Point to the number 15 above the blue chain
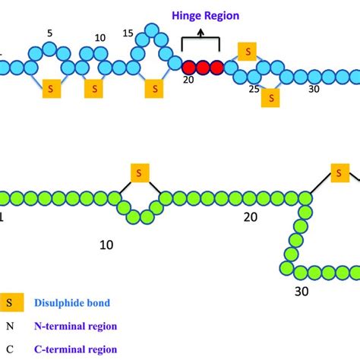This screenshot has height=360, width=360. [128, 33]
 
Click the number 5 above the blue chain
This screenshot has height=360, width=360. [49, 33]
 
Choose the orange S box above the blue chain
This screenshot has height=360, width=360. [247, 50]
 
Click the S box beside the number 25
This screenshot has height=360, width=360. [270, 97]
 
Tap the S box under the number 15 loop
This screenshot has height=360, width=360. [155, 87]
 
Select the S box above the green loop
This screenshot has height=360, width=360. [139, 173]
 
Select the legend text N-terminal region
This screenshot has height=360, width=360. [75, 327]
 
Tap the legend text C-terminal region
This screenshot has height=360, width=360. [75, 349]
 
